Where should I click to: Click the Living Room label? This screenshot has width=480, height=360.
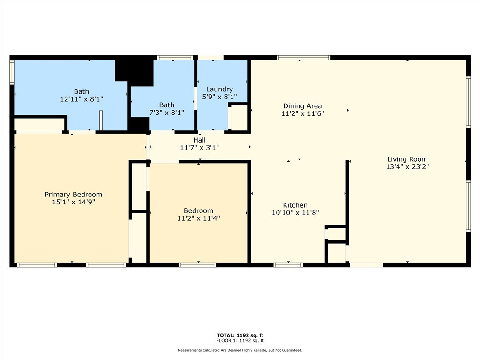tap(407, 159)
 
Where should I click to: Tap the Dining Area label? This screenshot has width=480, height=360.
tap(302, 106)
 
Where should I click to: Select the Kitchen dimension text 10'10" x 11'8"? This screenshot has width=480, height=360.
tap(295, 212)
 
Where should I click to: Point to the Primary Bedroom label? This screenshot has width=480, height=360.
tap(73, 195)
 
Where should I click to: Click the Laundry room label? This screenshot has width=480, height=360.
tap(219, 89)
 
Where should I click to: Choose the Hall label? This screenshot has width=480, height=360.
tap(199, 140)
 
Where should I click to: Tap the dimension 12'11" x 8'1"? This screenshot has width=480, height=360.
tap(81, 99)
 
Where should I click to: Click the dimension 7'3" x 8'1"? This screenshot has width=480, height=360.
tap(166, 112)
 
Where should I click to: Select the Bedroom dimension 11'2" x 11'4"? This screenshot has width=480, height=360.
tap(198, 218)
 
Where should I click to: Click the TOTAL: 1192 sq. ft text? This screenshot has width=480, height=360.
tap(240, 335)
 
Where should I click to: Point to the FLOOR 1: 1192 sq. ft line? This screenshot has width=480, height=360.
tap(240, 341)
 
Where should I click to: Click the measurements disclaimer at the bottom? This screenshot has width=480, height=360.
tap(240, 350)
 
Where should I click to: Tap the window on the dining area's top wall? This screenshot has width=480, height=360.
tap(303, 58)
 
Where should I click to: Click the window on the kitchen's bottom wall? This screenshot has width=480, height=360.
tap(288, 265)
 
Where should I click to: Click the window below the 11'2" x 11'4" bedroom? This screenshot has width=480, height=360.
tap(197, 265)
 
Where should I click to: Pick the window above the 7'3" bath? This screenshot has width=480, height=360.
tap(175, 58)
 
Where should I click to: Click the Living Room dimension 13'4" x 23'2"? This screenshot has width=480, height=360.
tap(407, 166)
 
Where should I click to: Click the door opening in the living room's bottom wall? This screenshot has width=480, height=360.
tap(367, 265)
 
